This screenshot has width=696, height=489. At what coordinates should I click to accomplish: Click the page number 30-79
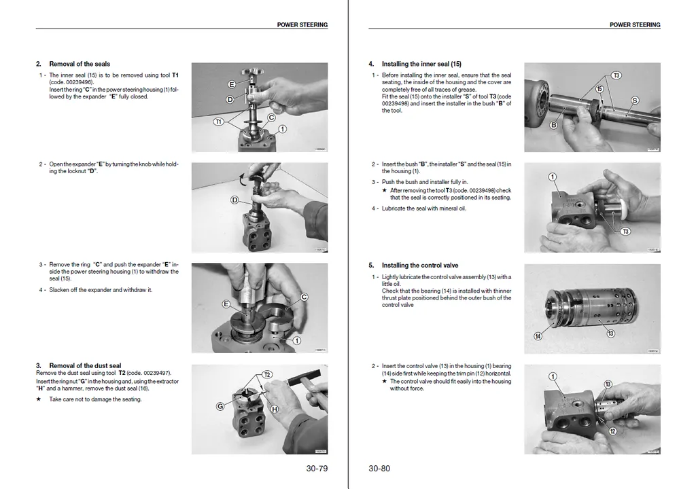(317, 468)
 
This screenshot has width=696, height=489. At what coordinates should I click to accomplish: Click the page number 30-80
(379, 468)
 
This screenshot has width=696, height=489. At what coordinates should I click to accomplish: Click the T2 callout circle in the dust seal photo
(267, 375)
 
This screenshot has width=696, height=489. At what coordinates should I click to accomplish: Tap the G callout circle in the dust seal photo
(220, 406)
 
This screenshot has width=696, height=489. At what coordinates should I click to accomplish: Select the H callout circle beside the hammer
(275, 409)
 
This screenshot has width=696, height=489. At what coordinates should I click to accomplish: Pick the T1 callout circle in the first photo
(218, 122)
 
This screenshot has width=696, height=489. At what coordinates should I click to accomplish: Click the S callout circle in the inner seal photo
(634, 101)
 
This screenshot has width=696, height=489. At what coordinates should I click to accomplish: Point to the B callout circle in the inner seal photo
(553, 125)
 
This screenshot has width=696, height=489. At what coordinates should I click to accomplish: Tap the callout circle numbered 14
(538, 336)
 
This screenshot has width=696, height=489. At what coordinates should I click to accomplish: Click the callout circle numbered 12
(612, 431)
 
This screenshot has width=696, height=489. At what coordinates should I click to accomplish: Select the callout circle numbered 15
(599, 89)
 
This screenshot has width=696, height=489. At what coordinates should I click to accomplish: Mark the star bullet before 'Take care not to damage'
(39, 399)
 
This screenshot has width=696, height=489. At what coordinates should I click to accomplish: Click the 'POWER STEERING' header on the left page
(302, 25)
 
